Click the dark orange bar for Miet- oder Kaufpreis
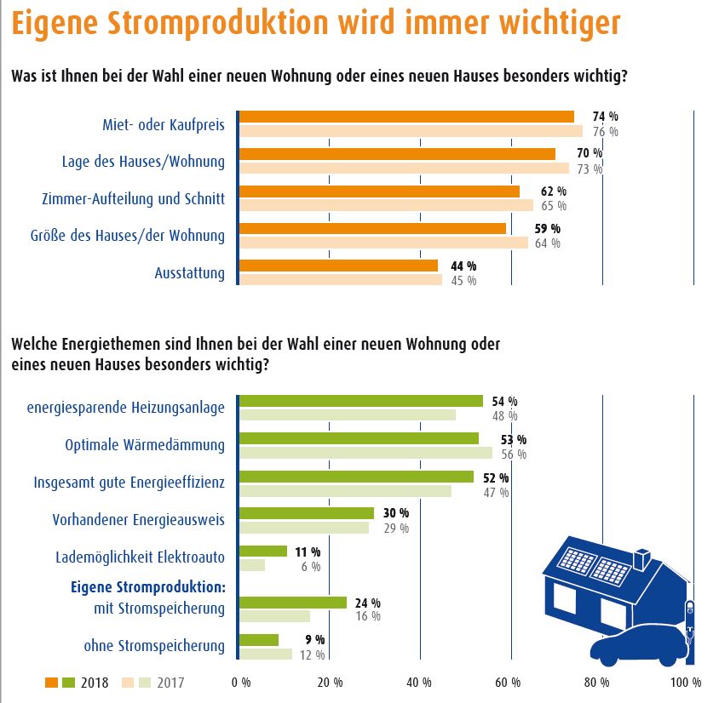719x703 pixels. click(x=406, y=117)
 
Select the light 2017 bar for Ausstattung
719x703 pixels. click(x=341, y=279)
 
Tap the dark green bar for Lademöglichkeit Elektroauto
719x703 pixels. click(x=263, y=551)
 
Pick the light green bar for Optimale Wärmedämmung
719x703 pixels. click(x=365, y=453)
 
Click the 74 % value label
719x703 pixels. click(x=605, y=116)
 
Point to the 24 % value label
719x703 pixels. click(x=368, y=602)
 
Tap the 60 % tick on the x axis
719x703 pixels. click(x=509, y=682)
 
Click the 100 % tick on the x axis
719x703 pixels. click(x=685, y=682)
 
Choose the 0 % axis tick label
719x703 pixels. click(x=241, y=682)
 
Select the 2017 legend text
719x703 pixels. click(x=169, y=682)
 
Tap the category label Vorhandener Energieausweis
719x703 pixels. click(x=138, y=519)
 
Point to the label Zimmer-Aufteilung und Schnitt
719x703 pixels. click(x=133, y=199)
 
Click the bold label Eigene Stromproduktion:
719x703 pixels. click(x=147, y=587)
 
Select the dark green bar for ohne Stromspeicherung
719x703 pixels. click(x=259, y=639)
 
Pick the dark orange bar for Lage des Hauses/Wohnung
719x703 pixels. click(x=397, y=154)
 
